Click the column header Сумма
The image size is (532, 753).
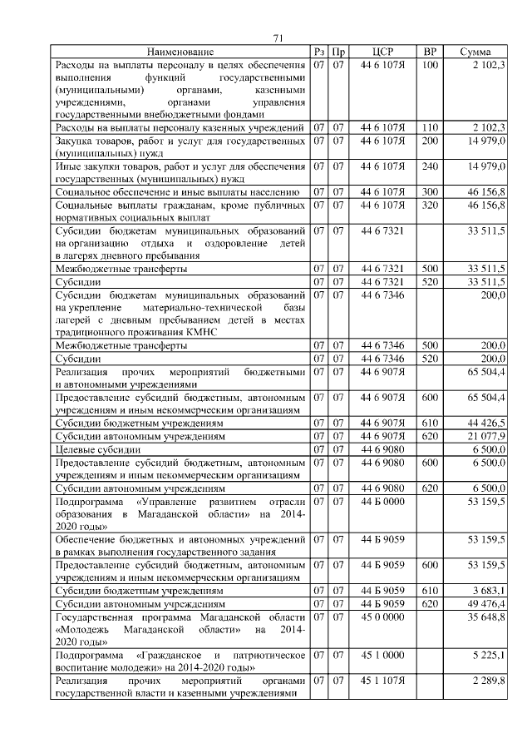click(x=475, y=52)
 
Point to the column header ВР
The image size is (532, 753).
click(x=430, y=52)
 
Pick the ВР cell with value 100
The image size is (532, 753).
click(x=430, y=65)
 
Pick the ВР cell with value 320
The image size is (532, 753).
click(x=430, y=205)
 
